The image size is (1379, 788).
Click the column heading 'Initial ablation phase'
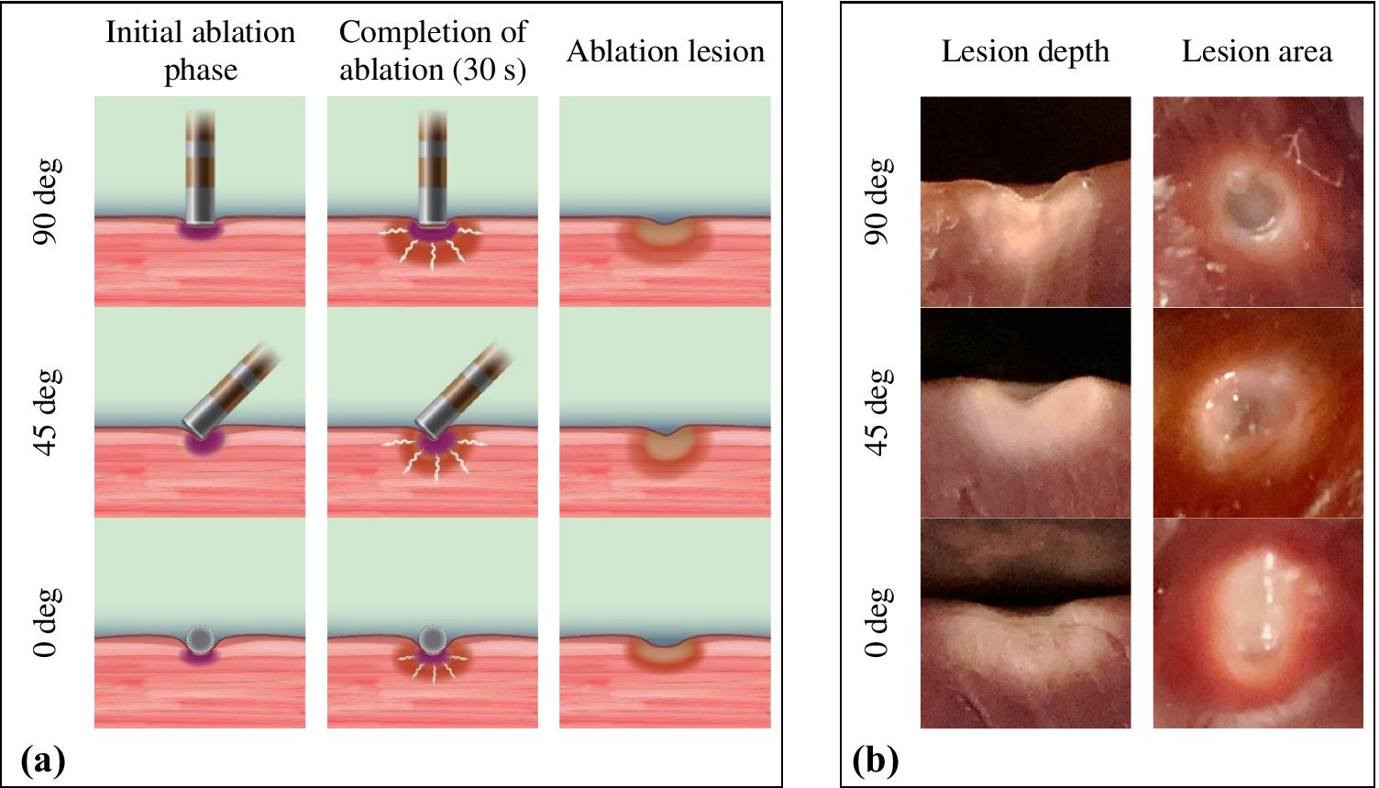(200, 50)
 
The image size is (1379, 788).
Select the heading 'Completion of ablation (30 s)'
(433, 50)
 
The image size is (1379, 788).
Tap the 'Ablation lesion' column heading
(666, 51)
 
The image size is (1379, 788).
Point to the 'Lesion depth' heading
(1025, 51)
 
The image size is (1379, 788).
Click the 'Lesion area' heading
(1256, 51)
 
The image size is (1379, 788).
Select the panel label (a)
(44, 760)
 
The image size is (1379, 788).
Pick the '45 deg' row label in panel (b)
(878, 412)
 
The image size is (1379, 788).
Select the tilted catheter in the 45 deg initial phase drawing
(220, 394)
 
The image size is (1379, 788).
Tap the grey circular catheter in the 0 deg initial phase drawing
(200, 638)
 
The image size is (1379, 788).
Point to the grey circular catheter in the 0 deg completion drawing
(432, 638)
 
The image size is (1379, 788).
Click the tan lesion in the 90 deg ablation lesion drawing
(666, 235)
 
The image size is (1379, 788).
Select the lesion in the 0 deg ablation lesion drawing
(666, 652)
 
